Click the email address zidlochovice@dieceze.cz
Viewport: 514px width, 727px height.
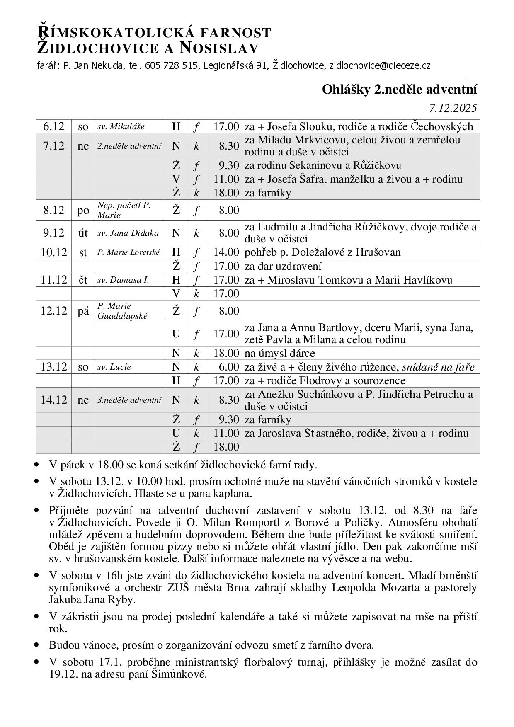click(380, 65)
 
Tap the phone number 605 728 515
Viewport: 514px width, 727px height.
click(171, 65)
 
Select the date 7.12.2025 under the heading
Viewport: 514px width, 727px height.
click(453, 108)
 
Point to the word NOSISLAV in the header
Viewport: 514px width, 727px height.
click(219, 48)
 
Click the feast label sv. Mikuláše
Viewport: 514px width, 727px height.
click(121, 126)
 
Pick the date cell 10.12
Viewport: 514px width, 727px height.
click(54, 252)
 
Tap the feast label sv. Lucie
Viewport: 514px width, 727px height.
click(114, 367)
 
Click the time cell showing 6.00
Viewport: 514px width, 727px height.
click(229, 367)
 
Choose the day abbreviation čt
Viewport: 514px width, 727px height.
click(83, 280)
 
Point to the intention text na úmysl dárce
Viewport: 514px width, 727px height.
click(280, 353)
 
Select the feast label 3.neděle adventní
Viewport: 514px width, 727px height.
click(129, 400)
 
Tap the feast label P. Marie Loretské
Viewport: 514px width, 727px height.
click(128, 252)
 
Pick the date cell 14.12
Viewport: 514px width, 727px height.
click(54, 400)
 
